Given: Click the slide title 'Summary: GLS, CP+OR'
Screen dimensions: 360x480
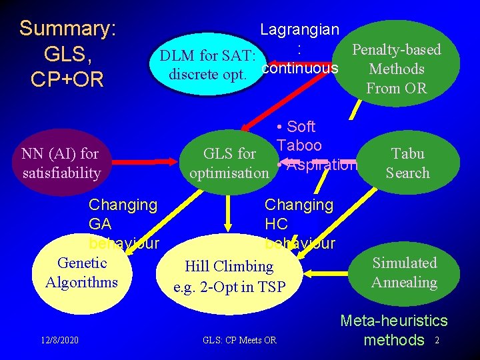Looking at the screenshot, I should pos(68,54).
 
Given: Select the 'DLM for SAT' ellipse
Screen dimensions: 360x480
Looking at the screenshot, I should pos(208,63).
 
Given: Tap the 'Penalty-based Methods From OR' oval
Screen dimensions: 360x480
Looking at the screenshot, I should pos(396,69).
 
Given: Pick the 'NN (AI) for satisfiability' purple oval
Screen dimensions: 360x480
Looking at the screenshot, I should pos(60,163).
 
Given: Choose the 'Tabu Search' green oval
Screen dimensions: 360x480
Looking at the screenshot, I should pos(407,163).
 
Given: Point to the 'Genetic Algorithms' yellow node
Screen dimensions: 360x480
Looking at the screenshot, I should pos(81,273).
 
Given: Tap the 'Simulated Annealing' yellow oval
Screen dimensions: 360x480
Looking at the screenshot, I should pos(404,273).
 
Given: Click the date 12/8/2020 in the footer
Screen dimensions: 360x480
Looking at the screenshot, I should pos(59,341).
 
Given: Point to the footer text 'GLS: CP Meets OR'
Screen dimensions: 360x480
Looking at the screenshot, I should pos(239,341).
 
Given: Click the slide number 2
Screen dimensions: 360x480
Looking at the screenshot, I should pos(437,341).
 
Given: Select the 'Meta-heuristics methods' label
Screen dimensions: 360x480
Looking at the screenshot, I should pos(394,331).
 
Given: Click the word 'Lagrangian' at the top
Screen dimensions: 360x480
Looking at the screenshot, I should pos(299,29).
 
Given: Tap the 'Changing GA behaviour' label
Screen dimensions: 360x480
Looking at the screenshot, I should pos(123,224).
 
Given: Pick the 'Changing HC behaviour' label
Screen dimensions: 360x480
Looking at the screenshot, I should pos(299,224).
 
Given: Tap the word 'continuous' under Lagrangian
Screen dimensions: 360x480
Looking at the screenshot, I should pos(300,68).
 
